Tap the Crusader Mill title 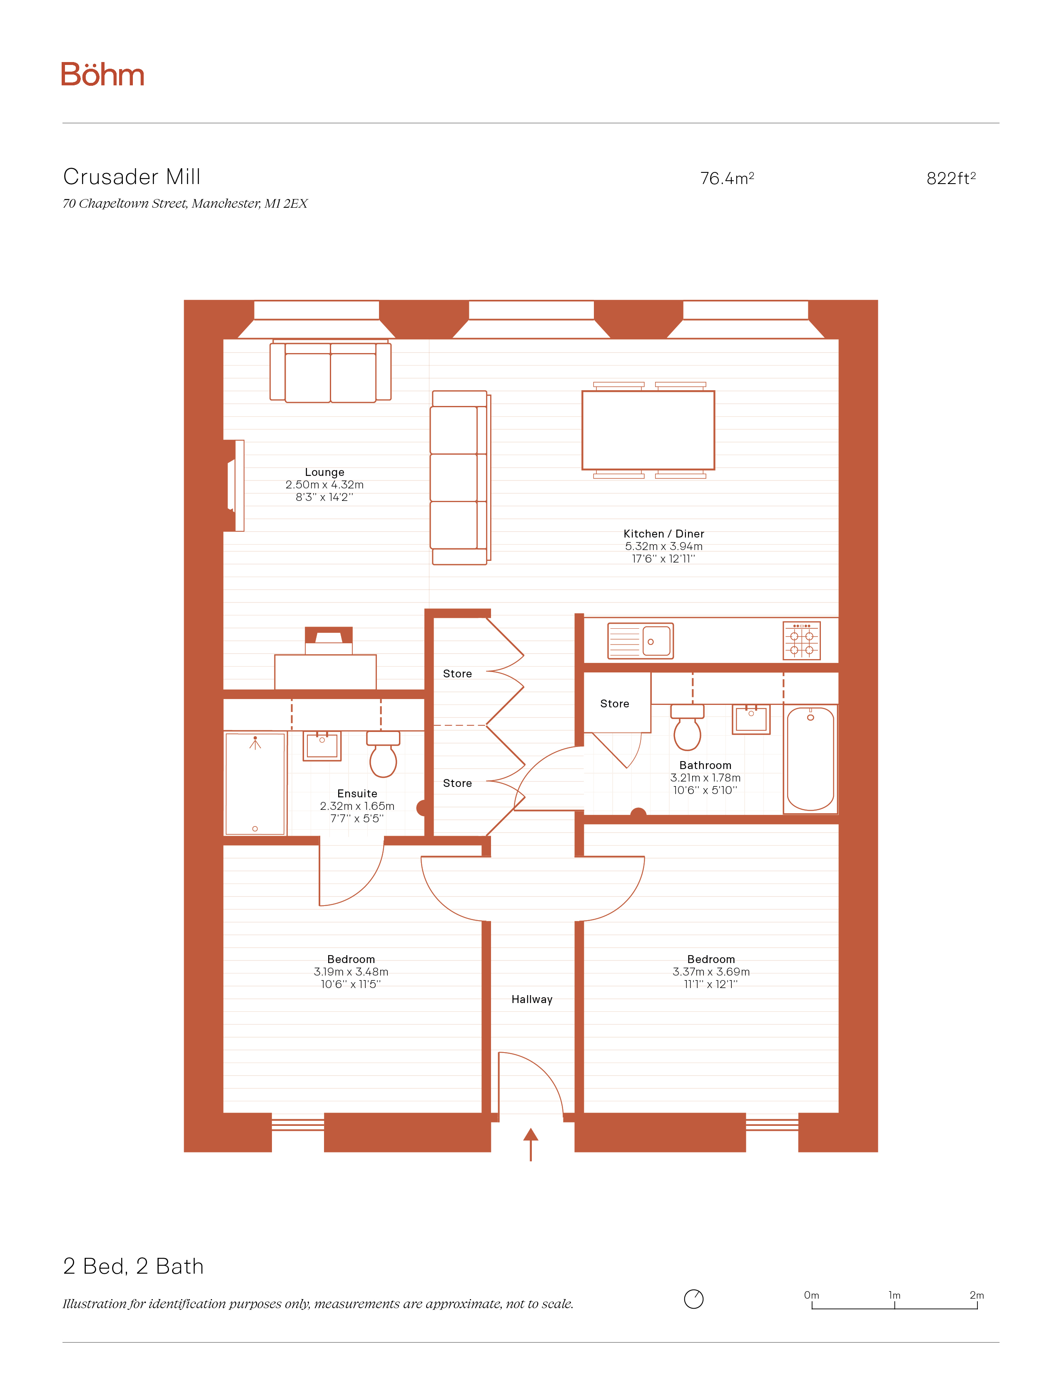point(132,177)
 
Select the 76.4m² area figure point(727,178)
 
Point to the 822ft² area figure point(951,178)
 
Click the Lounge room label point(325,472)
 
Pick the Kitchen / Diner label point(664,533)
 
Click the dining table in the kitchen point(648,431)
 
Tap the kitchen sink point(641,641)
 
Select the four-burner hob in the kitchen point(802,640)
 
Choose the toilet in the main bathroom point(687,727)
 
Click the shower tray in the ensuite point(255,783)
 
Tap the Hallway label point(532,999)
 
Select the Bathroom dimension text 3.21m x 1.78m point(705,778)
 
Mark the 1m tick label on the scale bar point(894,1295)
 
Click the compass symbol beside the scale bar point(693,1299)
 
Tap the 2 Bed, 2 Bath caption point(133,1267)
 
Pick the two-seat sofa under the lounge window point(330,371)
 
